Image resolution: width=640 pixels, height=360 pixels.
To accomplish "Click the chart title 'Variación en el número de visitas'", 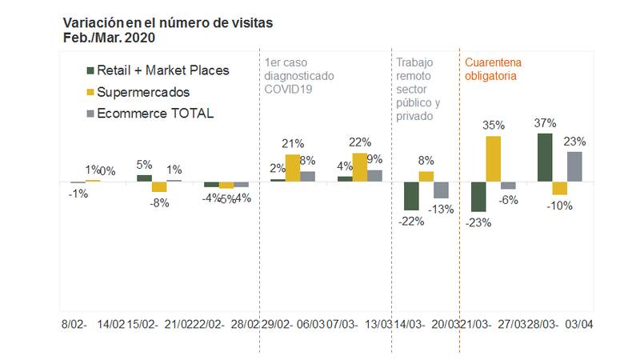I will (x=167, y=22).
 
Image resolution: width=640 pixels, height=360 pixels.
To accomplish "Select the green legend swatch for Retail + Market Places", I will (x=90, y=70).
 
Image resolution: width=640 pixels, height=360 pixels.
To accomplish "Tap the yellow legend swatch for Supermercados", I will (x=90, y=92).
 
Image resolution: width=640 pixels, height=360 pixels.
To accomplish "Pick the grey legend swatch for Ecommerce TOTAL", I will (x=90, y=114).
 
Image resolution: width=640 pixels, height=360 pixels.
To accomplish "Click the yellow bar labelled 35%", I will (x=494, y=158).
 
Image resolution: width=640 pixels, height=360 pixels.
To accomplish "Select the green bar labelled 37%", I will (x=544, y=158).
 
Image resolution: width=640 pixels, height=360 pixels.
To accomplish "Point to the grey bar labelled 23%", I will (x=574, y=166).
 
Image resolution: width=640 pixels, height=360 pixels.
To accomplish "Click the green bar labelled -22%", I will (x=411, y=196).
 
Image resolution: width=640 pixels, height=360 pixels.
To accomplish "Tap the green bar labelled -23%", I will (x=478, y=197).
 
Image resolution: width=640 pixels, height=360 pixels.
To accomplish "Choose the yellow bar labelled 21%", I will (x=293, y=167).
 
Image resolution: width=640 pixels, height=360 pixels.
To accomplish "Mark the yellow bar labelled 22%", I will (x=360, y=167).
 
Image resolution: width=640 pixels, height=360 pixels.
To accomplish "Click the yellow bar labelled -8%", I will (x=159, y=186).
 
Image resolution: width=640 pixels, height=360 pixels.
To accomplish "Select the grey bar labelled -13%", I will (x=441, y=190).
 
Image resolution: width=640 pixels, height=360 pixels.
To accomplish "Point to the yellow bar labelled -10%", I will (x=559, y=188).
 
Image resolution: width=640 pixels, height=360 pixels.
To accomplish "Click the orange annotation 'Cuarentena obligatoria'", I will (x=491, y=70).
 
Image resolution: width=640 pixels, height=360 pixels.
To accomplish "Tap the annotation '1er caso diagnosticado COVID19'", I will (x=298, y=76).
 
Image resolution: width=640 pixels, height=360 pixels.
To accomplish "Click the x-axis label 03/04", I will (x=580, y=324).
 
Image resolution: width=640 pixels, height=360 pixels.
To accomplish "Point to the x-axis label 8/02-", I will (x=74, y=324).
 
